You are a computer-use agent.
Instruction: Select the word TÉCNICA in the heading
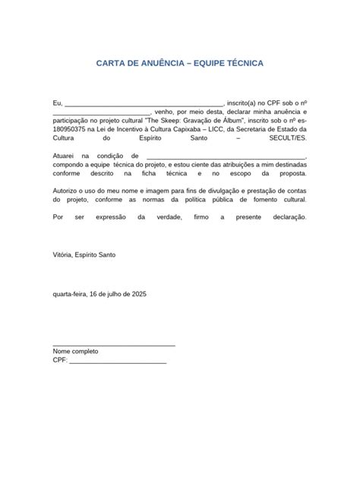(x=241, y=63)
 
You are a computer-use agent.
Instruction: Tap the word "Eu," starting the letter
(x=57, y=102)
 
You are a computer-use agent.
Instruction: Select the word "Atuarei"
(x=65, y=154)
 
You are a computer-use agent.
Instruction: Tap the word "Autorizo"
(x=67, y=186)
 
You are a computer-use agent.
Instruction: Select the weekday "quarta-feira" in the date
(x=70, y=292)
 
